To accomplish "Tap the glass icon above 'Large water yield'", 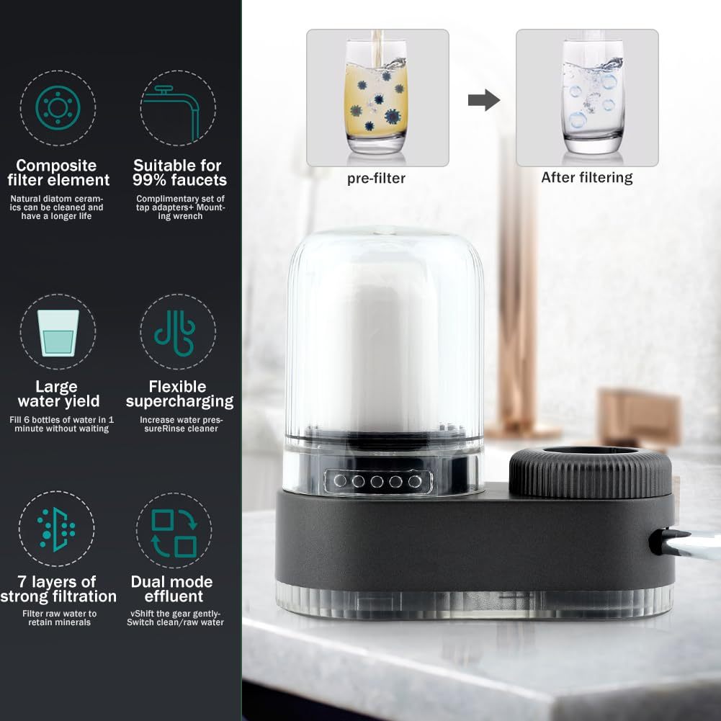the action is click(58, 333).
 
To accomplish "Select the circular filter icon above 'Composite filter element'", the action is click(58, 108).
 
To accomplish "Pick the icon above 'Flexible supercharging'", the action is click(175, 333).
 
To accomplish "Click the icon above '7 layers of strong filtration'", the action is click(56, 529).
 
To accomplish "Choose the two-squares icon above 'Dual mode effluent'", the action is click(174, 533).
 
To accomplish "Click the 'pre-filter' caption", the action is click(376, 179).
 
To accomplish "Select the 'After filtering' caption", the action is click(587, 177).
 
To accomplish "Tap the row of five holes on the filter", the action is click(377, 481).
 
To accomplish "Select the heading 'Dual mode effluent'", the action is click(172, 589).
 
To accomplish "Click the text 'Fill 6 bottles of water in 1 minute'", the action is click(62, 424).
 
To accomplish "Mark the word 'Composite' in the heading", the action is click(56, 165).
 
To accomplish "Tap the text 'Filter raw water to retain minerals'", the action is click(59, 618).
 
